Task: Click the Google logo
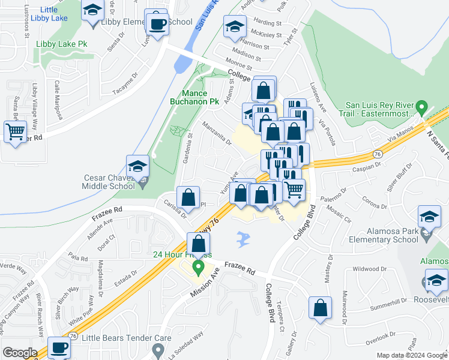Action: coord(19,353)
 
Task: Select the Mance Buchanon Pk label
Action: coord(195,98)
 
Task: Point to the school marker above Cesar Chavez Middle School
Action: coord(137,166)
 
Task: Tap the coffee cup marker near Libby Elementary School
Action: coord(158,25)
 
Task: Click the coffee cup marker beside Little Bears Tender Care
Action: coord(59,347)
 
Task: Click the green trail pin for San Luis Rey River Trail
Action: coord(422,109)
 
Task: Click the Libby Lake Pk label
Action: coord(62,44)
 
